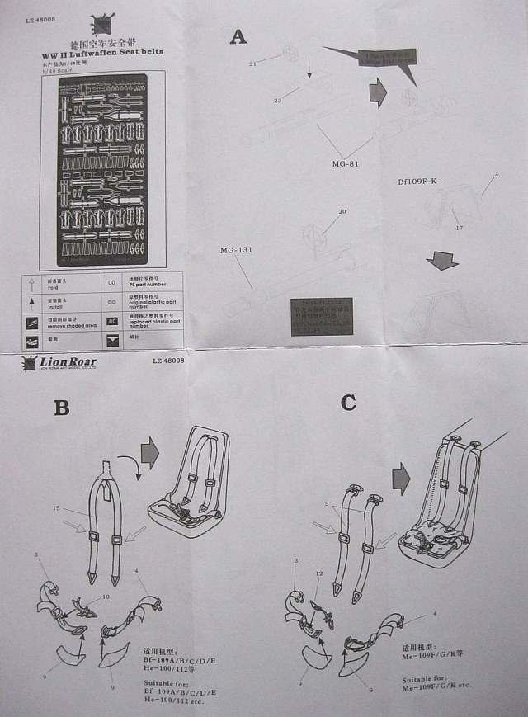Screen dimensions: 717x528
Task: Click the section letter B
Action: coord(61,407)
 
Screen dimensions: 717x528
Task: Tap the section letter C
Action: coord(349,402)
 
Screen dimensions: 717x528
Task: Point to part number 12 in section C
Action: coord(318,573)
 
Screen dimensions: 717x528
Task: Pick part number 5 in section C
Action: coord(327,503)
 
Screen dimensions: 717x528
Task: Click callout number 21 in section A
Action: coord(254,63)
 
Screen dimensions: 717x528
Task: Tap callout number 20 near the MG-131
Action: coord(341,212)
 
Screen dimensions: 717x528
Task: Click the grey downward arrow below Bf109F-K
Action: coord(442,261)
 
